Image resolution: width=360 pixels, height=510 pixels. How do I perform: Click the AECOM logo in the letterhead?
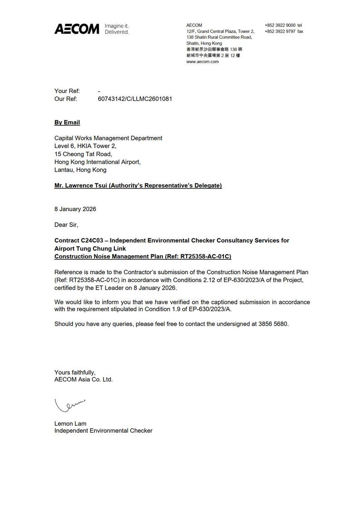[76, 29]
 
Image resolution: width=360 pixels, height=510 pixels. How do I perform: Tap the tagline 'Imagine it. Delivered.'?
[117, 29]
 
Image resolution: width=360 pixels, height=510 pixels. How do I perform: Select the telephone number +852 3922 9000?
[280, 25]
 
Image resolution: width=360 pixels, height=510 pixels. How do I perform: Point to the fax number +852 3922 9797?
[280, 31]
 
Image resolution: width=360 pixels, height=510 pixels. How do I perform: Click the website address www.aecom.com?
[202, 61]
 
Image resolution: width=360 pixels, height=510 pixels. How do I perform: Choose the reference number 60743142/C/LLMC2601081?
[135, 99]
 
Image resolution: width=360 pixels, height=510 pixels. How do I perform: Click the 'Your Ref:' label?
[67, 91]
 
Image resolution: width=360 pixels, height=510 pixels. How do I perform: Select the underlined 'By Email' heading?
[67, 123]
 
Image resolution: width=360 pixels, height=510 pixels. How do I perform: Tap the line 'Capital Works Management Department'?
[108, 138]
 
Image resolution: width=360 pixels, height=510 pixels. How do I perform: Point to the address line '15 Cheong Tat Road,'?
[83, 154]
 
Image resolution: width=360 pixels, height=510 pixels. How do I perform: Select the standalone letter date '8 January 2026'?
[75, 209]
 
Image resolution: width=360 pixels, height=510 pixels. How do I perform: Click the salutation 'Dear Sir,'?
[66, 225]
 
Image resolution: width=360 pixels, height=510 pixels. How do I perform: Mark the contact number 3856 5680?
[270, 324]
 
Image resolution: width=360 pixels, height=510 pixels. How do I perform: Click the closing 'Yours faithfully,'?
[75, 372]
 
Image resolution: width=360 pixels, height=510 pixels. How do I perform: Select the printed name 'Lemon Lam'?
[70, 423]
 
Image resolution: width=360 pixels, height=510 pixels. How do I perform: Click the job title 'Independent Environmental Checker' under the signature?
[104, 431]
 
